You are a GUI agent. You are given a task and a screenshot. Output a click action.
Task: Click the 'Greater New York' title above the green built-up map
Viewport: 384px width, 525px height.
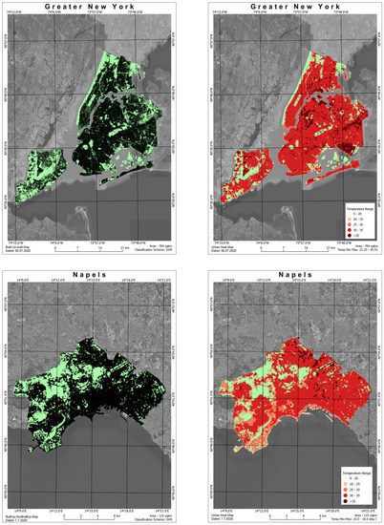click(93, 7)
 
